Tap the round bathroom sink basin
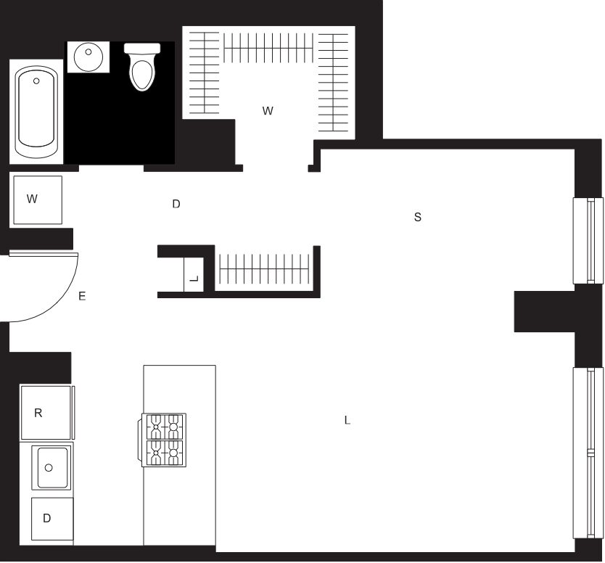[x=89, y=57]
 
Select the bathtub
[x=36, y=112]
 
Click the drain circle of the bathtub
[x=36, y=81]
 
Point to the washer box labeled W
[x=38, y=200]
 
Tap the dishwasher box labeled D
[x=52, y=519]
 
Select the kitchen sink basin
[x=52, y=468]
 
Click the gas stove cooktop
[x=164, y=440]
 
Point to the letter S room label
[x=418, y=217]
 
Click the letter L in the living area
[x=347, y=420]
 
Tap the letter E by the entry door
[x=82, y=296]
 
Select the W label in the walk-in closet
[x=268, y=111]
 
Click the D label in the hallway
[x=176, y=204]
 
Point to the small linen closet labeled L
[x=194, y=274]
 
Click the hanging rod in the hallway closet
[x=264, y=268]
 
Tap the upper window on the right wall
[x=588, y=241]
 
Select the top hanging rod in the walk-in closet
[x=268, y=48]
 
